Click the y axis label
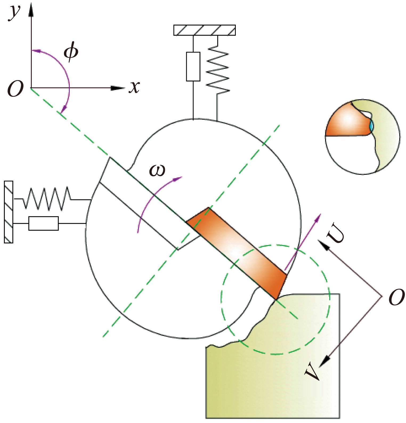coord(14,12)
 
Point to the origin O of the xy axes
coord(15,89)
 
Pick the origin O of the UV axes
coord(397,297)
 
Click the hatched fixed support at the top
coord(204,30)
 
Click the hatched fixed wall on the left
coord(9,212)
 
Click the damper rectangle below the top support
coord(193,67)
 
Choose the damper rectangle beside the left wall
coord(43,223)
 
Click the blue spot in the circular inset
coord(371,125)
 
